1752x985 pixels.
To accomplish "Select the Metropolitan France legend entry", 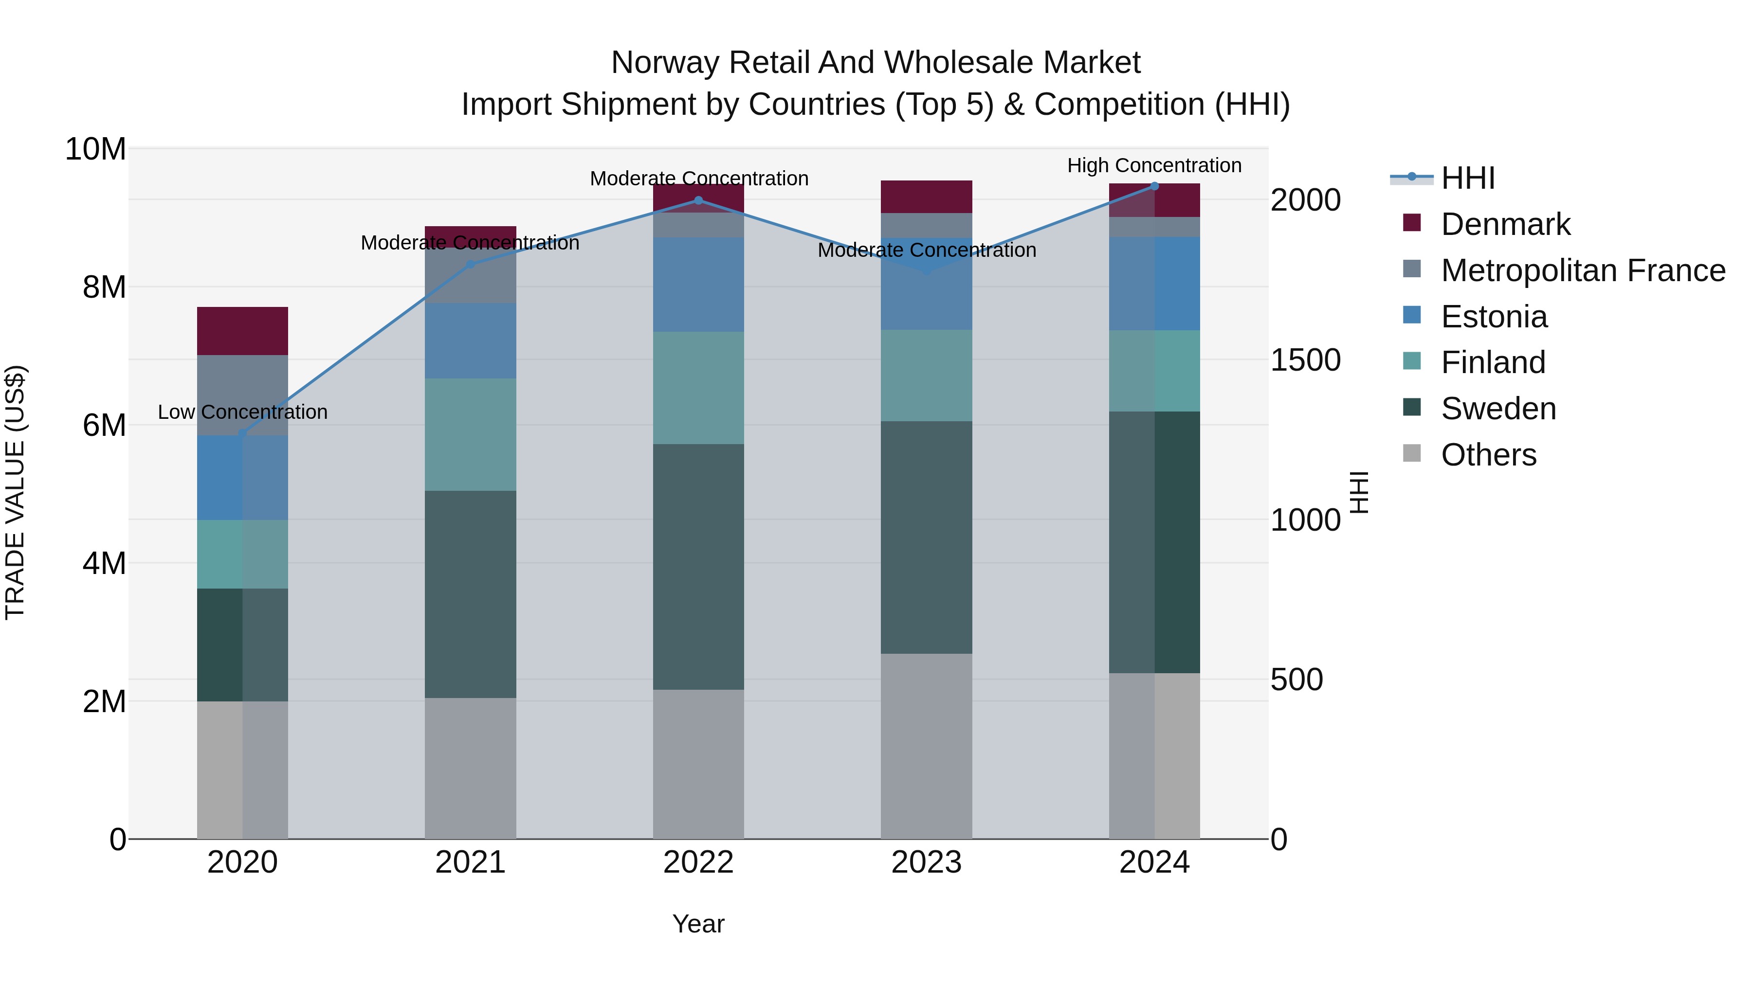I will [x=1582, y=270].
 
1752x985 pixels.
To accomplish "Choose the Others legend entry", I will [x=1488, y=455].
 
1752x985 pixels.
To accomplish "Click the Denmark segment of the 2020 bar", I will [x=243, y=331].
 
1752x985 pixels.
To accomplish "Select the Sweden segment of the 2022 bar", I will [x=698, y=567].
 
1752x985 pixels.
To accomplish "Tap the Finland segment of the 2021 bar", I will [x=471, y=435].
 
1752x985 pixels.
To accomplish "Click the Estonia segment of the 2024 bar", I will [x=1154, y=284].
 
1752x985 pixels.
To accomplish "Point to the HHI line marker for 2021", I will [x=471, y=265].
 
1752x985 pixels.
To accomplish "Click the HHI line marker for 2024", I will [x=1154, y=186].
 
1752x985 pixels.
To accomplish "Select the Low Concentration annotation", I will [x=243, y=412].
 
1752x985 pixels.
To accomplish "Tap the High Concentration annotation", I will [x=1154, y=166].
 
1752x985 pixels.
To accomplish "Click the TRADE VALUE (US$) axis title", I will [x=15, y=492].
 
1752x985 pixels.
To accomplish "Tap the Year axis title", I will [x=698, y=925].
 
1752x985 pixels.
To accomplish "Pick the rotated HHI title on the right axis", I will [x=1359, y=492].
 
